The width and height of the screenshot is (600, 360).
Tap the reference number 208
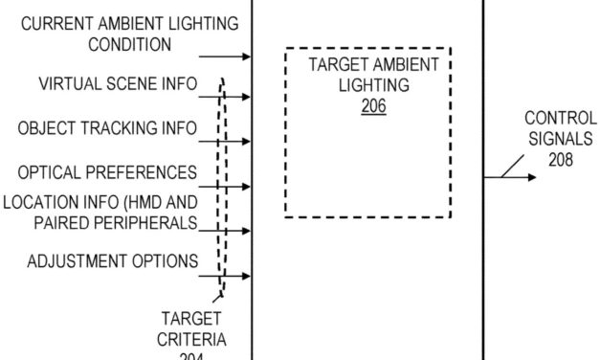pos(561,160)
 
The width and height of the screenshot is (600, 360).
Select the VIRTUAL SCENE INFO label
pos(118,84)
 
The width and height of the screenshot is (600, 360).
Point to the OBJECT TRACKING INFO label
pos(107,127)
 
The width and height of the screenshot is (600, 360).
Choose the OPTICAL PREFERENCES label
pos(107,172)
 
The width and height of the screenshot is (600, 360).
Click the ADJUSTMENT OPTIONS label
pos(113,260)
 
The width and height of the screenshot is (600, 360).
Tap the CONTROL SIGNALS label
pos(561,131)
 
